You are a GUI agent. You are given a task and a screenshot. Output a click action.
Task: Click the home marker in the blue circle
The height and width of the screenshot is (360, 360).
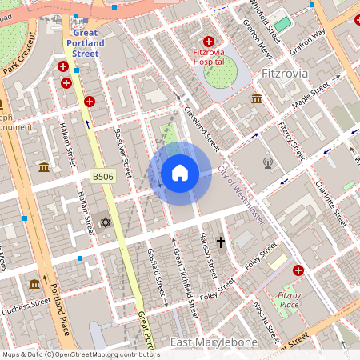(x=180, y=172)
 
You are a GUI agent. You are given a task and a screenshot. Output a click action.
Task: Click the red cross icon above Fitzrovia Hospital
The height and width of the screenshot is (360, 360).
(x=210, y=42)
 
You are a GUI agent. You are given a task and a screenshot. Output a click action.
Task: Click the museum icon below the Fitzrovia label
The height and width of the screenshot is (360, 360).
(x=257, y=98)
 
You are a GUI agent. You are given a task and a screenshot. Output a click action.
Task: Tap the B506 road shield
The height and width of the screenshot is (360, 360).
(x=102, y=174)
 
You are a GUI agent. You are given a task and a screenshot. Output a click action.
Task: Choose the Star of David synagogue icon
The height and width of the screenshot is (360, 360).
(x=104, y=222)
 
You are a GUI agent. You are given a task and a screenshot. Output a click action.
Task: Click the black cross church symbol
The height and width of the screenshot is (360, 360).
(x=221, y=242)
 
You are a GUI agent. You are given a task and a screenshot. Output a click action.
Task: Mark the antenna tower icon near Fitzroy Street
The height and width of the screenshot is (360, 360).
(x=268, y=164)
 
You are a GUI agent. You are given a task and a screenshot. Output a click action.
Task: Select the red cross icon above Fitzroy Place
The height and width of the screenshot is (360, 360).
(x=298, y=271)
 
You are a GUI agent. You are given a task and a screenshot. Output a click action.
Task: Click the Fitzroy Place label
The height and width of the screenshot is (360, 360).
(x=289, y=300)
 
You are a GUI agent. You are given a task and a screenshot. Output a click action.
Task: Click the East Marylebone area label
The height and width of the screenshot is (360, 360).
(x=214, y=342)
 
